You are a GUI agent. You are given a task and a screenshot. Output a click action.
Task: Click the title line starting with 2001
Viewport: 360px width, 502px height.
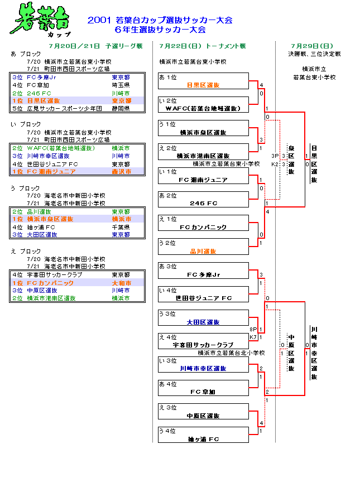160,20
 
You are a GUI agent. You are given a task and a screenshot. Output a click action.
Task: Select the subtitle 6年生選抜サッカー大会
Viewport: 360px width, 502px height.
160,30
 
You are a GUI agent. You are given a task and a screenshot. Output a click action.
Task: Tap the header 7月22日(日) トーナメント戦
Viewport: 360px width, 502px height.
202,46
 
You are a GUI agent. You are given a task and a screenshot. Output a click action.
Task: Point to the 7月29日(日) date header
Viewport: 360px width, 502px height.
312,46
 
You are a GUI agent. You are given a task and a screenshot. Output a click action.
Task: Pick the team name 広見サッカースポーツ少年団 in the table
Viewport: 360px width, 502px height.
65,108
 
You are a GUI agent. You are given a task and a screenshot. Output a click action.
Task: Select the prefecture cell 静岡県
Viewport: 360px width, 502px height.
121,108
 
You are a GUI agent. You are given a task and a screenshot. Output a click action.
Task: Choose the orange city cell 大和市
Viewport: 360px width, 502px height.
121,283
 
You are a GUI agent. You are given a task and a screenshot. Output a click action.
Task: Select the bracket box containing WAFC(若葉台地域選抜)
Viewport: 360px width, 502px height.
203,104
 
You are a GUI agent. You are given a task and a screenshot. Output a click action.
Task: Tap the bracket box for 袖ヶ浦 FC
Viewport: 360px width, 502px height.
203,435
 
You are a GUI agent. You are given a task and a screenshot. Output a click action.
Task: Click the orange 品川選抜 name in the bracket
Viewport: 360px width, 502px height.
203,251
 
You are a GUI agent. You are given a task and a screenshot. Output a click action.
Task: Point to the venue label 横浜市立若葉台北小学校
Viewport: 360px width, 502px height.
231,353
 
